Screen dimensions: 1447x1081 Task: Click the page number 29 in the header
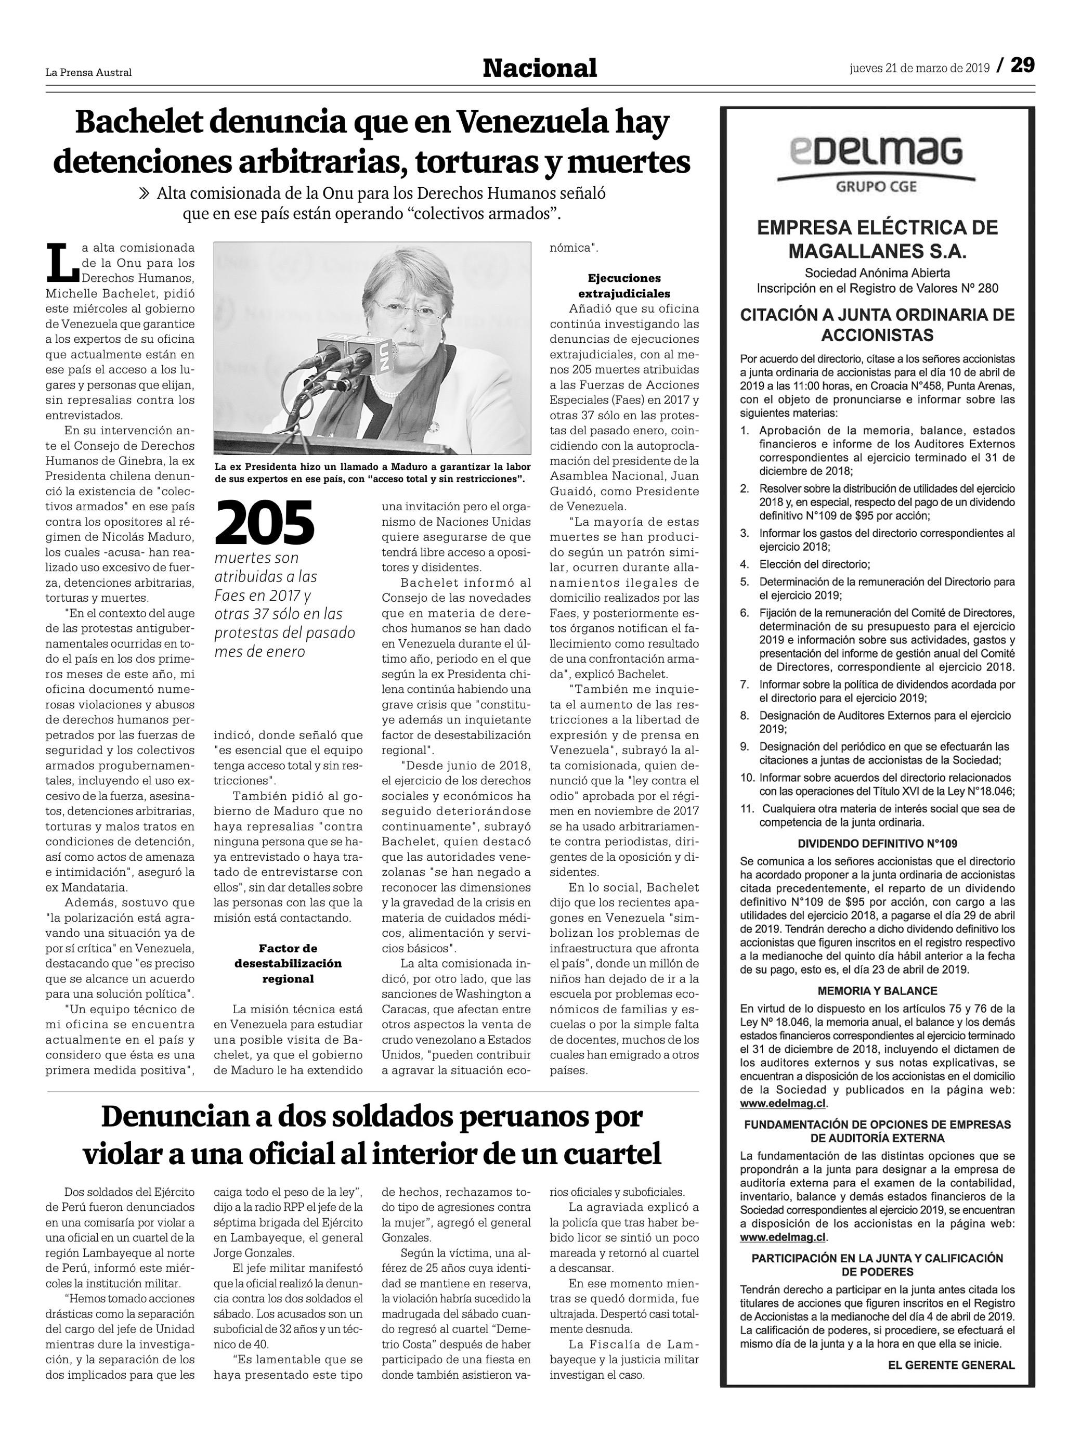[x=1022, y=66]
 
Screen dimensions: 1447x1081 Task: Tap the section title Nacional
[x=540, y=68]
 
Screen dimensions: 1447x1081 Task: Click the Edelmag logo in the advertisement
[x=876, y=151]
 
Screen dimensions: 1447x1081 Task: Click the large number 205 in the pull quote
[x=265, y=523]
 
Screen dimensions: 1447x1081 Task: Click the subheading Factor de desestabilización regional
[x=288, y=964]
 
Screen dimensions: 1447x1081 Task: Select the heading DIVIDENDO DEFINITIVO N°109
[x=877, y=844]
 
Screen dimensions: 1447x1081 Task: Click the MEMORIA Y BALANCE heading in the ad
[x=877, y=991]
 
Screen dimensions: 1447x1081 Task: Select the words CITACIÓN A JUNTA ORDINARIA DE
[x=877, y=315]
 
